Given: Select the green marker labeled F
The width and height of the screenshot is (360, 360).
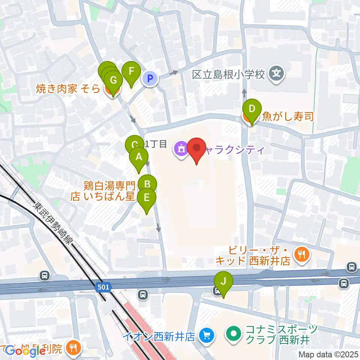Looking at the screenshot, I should point(131,72).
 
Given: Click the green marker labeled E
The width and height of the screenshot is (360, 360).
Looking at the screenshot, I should point(147,198).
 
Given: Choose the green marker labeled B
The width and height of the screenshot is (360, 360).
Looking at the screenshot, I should point(147,184).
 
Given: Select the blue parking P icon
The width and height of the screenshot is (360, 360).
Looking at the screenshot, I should point(150,79).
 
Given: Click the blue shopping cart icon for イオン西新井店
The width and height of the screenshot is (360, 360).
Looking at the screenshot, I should point(206,335).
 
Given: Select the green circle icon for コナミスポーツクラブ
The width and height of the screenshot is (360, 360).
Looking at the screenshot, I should point(233,333).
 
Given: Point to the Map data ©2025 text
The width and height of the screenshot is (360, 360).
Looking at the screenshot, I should point(328,354).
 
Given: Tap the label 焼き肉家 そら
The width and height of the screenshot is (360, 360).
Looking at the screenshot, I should point(68,88).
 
